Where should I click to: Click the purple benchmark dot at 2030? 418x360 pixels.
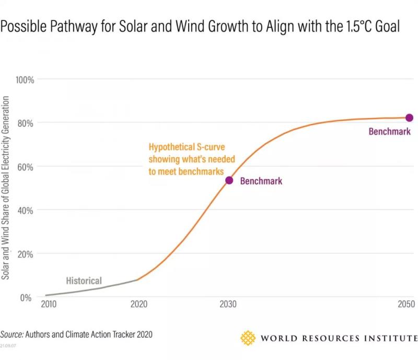click(229, 180)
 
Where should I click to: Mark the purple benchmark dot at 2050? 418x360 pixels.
click(409, 118)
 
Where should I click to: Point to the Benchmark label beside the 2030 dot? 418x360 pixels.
click(261, 181)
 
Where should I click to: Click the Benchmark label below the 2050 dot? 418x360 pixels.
click(389, 132)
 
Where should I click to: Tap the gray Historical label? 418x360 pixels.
click(84, 281)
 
